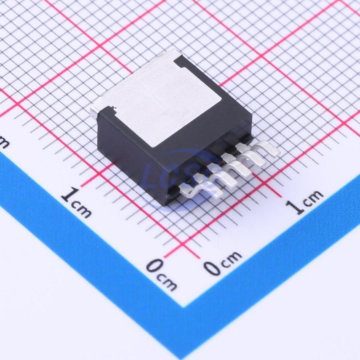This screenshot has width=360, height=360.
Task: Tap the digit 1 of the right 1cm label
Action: click(294, 207)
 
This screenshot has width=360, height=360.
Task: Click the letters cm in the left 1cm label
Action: click(82, 210)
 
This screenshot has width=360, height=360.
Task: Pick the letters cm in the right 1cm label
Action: click(313, 198)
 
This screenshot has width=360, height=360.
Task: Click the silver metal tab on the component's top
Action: click(158, 96)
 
